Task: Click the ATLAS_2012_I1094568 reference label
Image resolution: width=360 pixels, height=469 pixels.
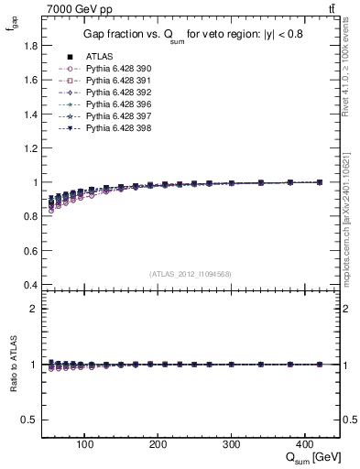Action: pos(191,273)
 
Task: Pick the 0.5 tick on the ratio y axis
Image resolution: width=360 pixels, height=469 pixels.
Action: pos(29,420)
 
